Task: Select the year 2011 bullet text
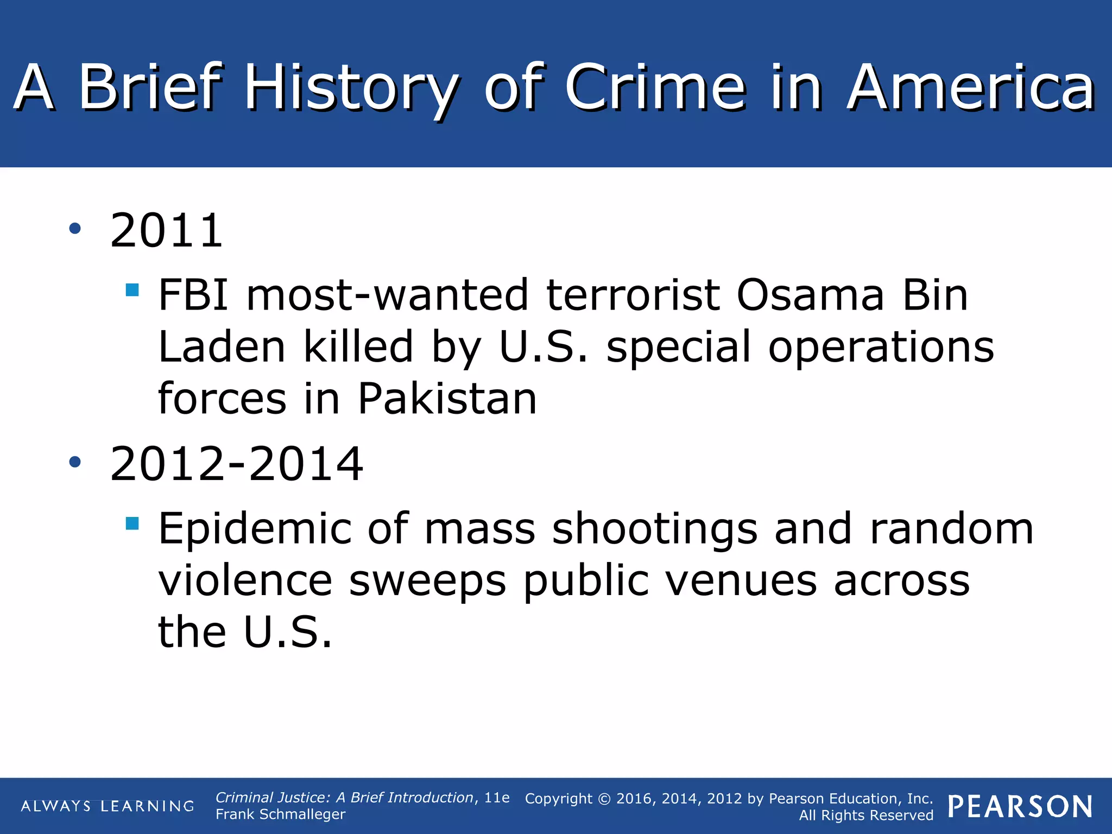tap(166, 231)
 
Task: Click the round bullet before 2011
tap(75, 229)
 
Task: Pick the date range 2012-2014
tap(236, 464)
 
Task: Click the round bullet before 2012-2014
tap(75, 462)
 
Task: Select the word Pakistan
tap(447, 399)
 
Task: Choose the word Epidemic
tap(255, 529)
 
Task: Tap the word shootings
tap(654, 529)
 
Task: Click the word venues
tap(741, 580)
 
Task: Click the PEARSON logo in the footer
tap(1020, 806)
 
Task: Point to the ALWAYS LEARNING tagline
tap(108, 806)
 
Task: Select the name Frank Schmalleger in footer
tap(280, 814)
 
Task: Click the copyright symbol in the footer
tap(604, 799)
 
